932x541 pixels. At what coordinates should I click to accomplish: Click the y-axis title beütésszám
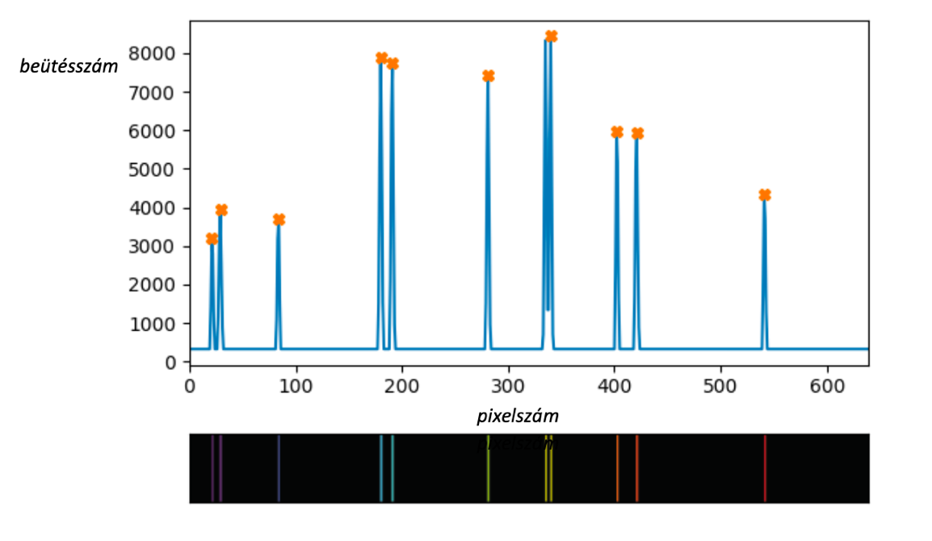coord(69,67)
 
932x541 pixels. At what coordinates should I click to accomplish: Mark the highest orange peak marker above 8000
coord(551,36)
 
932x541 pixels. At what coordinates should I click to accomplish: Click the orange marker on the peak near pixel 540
coord(765,195)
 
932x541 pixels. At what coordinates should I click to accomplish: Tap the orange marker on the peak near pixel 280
coord(488,76)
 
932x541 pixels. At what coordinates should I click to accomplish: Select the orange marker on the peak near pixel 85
coord(279,220)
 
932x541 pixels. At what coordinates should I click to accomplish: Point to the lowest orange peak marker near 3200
coord(212,239)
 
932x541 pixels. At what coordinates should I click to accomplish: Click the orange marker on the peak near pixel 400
coord(617,132)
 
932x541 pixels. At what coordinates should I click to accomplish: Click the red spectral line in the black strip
coord(765,468)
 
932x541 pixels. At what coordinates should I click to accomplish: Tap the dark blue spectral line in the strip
coord(279,468)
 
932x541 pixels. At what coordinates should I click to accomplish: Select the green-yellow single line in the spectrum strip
coord(488,468)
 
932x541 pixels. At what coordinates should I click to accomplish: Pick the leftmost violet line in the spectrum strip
coord(212,468)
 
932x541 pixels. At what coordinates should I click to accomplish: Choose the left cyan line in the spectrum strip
coord(380,468)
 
